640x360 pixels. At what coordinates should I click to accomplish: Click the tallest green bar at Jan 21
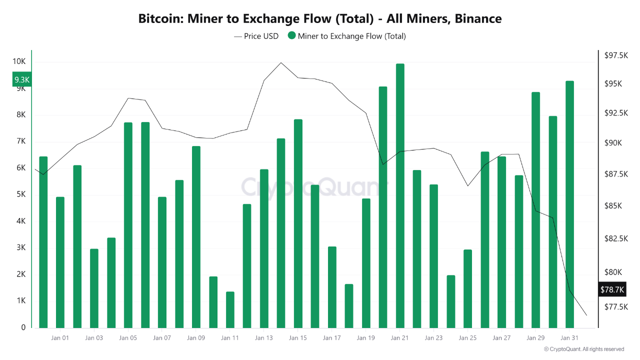tap(400, 195)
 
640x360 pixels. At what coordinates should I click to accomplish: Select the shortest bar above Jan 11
tap(230, 309)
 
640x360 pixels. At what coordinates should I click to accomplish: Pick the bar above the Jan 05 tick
tap(128, 225)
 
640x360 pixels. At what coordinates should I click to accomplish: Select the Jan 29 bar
tap(535, 210)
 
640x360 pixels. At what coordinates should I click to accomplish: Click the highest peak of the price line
tap(281, 63)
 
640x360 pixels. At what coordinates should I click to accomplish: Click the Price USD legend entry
tap(256, 36)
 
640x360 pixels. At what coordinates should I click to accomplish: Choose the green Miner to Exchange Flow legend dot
tap(292, 36)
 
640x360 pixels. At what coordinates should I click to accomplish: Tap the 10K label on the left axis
tap(19, 61)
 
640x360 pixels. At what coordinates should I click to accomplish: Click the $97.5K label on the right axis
tap(616, 55)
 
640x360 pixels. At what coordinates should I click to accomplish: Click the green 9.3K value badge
tap(22, 79)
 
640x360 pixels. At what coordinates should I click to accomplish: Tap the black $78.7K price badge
tap(612, 289)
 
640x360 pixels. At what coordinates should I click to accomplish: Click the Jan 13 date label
tap(263, 338)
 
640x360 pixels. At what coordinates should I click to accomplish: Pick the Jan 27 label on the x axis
tap(501, 338)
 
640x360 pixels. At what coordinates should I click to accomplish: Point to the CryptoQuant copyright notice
tap(583, 349)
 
